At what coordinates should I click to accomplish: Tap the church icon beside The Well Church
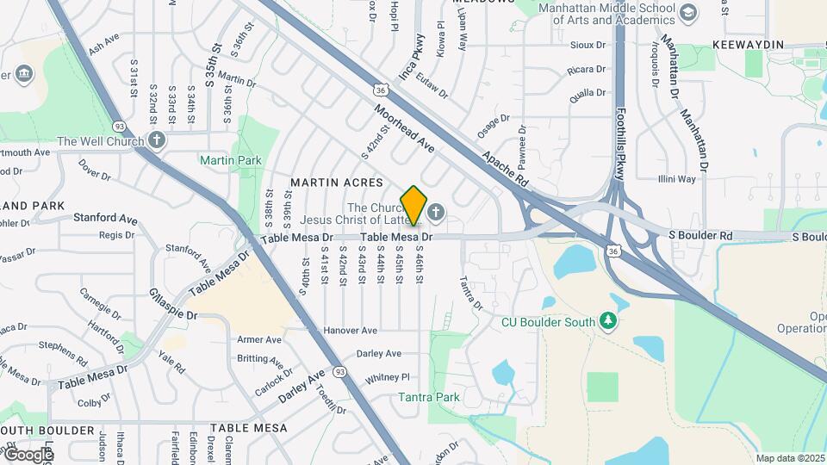click(156, 140)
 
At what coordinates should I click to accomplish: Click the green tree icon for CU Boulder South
click(611, 322)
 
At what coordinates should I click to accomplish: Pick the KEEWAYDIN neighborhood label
click(748, 44)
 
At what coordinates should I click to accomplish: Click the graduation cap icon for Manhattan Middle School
click(687, 13)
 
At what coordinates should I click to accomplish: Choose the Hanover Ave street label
click(351, 331)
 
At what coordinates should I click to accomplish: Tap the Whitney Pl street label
click(388, 377)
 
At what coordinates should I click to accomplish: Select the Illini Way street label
click(676, 179)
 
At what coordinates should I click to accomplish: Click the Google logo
click(28, 454)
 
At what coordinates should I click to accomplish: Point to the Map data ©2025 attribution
click(789, 458)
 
